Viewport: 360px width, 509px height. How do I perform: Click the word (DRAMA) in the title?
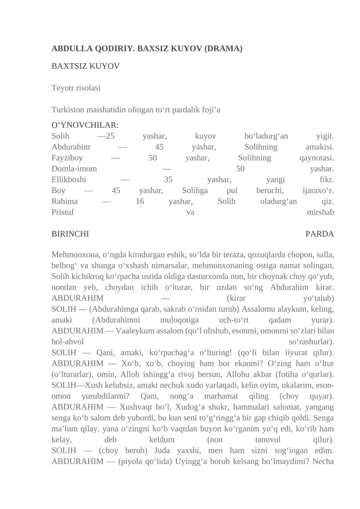click(223, 48)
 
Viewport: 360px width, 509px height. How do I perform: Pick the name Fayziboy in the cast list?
click(67, 158)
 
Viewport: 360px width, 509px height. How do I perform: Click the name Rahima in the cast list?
click(65, 201)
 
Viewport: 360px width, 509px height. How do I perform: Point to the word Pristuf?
click(63, 212)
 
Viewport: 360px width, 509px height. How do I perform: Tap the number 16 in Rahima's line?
click(139, 201)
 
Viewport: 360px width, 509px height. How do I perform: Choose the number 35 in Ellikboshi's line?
click(168, 180)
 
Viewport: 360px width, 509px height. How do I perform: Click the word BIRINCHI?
click(70, 234)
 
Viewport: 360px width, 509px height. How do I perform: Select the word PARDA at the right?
click(319, 234)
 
